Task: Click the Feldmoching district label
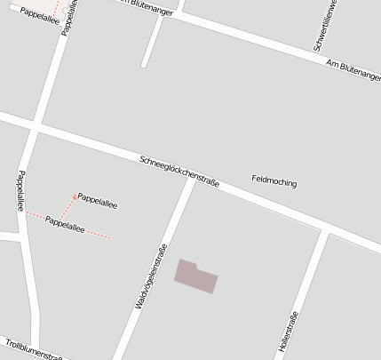tap(274, 181)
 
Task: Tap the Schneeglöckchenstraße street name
tap(179, 170)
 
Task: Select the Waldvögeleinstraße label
tap(151, 276)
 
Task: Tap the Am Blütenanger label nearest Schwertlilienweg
tap(352, 70)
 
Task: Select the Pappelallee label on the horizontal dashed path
tap(64, 224)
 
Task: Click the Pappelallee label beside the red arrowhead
tap(98, 200)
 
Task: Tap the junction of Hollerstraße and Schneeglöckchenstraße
tap(326, 231)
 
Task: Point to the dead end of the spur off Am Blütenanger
tap(143, 65)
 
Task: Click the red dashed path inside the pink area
tap(56, 7)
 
